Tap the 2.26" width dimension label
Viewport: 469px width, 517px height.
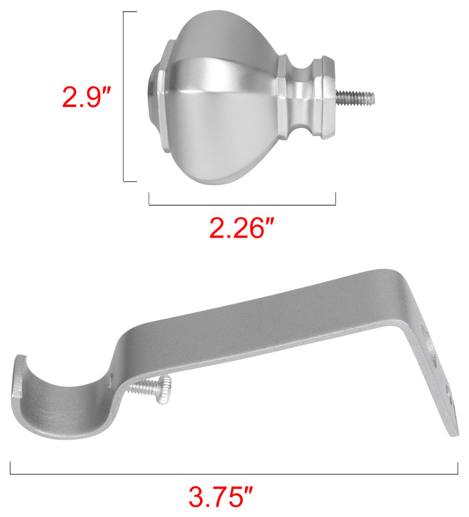click(242, 228)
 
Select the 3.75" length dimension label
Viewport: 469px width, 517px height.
click(220, 497)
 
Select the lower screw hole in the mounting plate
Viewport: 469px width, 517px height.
click(448, 394)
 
